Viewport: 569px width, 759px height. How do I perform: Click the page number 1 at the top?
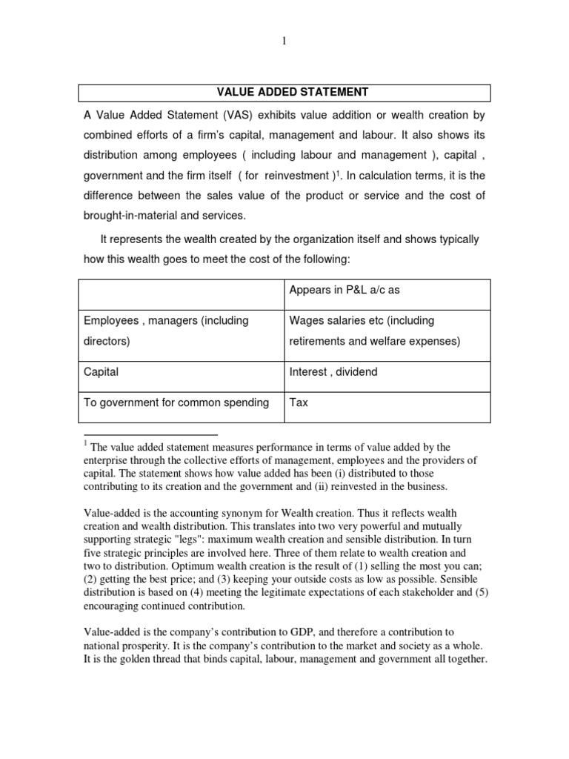click(x=284, y=42)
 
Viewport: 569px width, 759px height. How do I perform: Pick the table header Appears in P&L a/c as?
click(x=344, y=290)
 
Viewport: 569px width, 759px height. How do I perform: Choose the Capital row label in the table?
click(x=101, y=371)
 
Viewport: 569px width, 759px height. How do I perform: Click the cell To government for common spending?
click(x=176, y=402)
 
